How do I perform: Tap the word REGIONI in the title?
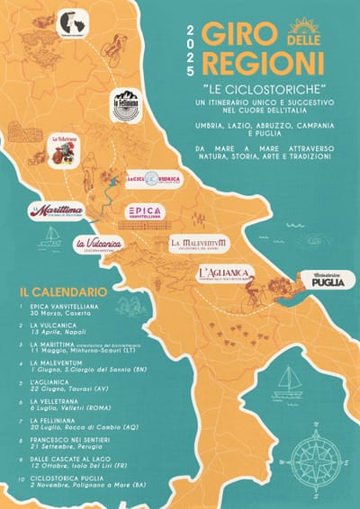pos(263,63)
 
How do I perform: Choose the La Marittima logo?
pos(59,211)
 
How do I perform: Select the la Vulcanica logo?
pos(97,243)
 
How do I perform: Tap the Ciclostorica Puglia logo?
pos(327,280)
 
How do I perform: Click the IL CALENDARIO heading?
pos(62,292)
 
